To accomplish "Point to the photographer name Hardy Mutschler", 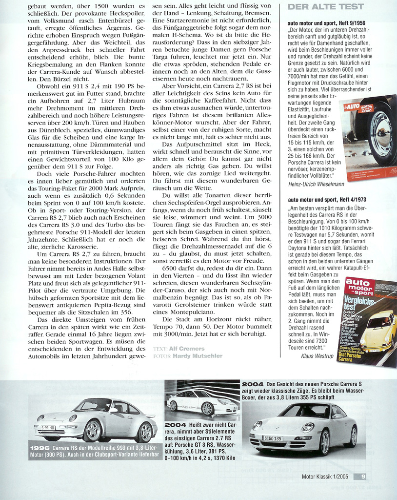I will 197,356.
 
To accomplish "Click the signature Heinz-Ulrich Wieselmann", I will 316,184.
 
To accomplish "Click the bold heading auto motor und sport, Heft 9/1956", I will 326,23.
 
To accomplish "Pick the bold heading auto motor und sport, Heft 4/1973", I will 327,200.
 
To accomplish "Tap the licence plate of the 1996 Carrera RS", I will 47,428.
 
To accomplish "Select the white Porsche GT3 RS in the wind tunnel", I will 201,401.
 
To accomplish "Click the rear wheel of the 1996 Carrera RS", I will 144,432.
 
